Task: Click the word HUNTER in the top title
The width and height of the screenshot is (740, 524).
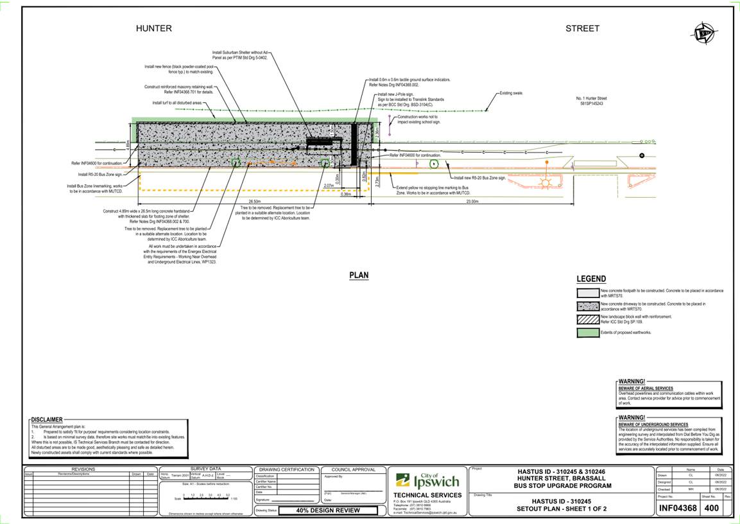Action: (x=153, y=28)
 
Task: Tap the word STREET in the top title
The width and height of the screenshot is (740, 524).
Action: (x=582, y=28)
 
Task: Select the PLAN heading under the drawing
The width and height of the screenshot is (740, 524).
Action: (x=359, y=275)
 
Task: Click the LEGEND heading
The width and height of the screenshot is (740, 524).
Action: (x=590, y=279)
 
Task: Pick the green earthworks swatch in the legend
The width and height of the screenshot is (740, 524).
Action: (x=587, y=333)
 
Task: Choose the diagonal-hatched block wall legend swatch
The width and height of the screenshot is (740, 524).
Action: (x=587, y=319)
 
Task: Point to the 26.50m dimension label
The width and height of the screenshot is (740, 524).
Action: (x=237, y=202)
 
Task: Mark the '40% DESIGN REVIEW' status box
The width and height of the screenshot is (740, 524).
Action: (x=327, y=511)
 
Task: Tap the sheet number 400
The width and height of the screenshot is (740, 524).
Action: (x=712, y=509)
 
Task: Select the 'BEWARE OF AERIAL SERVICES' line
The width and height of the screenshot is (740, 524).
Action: (x=646, y=389)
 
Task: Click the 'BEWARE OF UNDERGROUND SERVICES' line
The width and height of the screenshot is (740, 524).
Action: (x=653, y=424)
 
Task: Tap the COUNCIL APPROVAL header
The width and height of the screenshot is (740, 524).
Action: (x=353, y=469)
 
